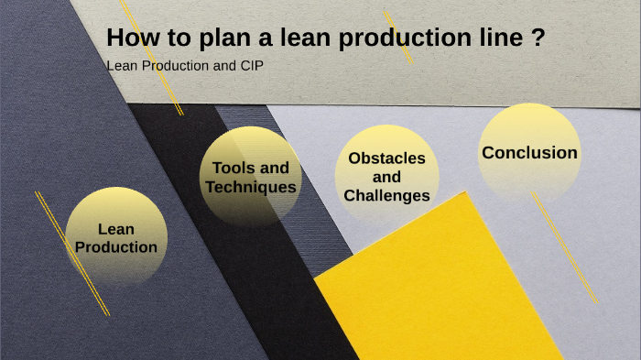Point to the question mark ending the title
point(539,39)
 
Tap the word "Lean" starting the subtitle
point(121,67)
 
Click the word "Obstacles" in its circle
point(386,158)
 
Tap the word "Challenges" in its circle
point(386,195)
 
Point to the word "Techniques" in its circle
point(251,187)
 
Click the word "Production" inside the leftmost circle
point(116,247)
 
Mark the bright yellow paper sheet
point(440,293)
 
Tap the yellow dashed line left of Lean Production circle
point(71,253)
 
